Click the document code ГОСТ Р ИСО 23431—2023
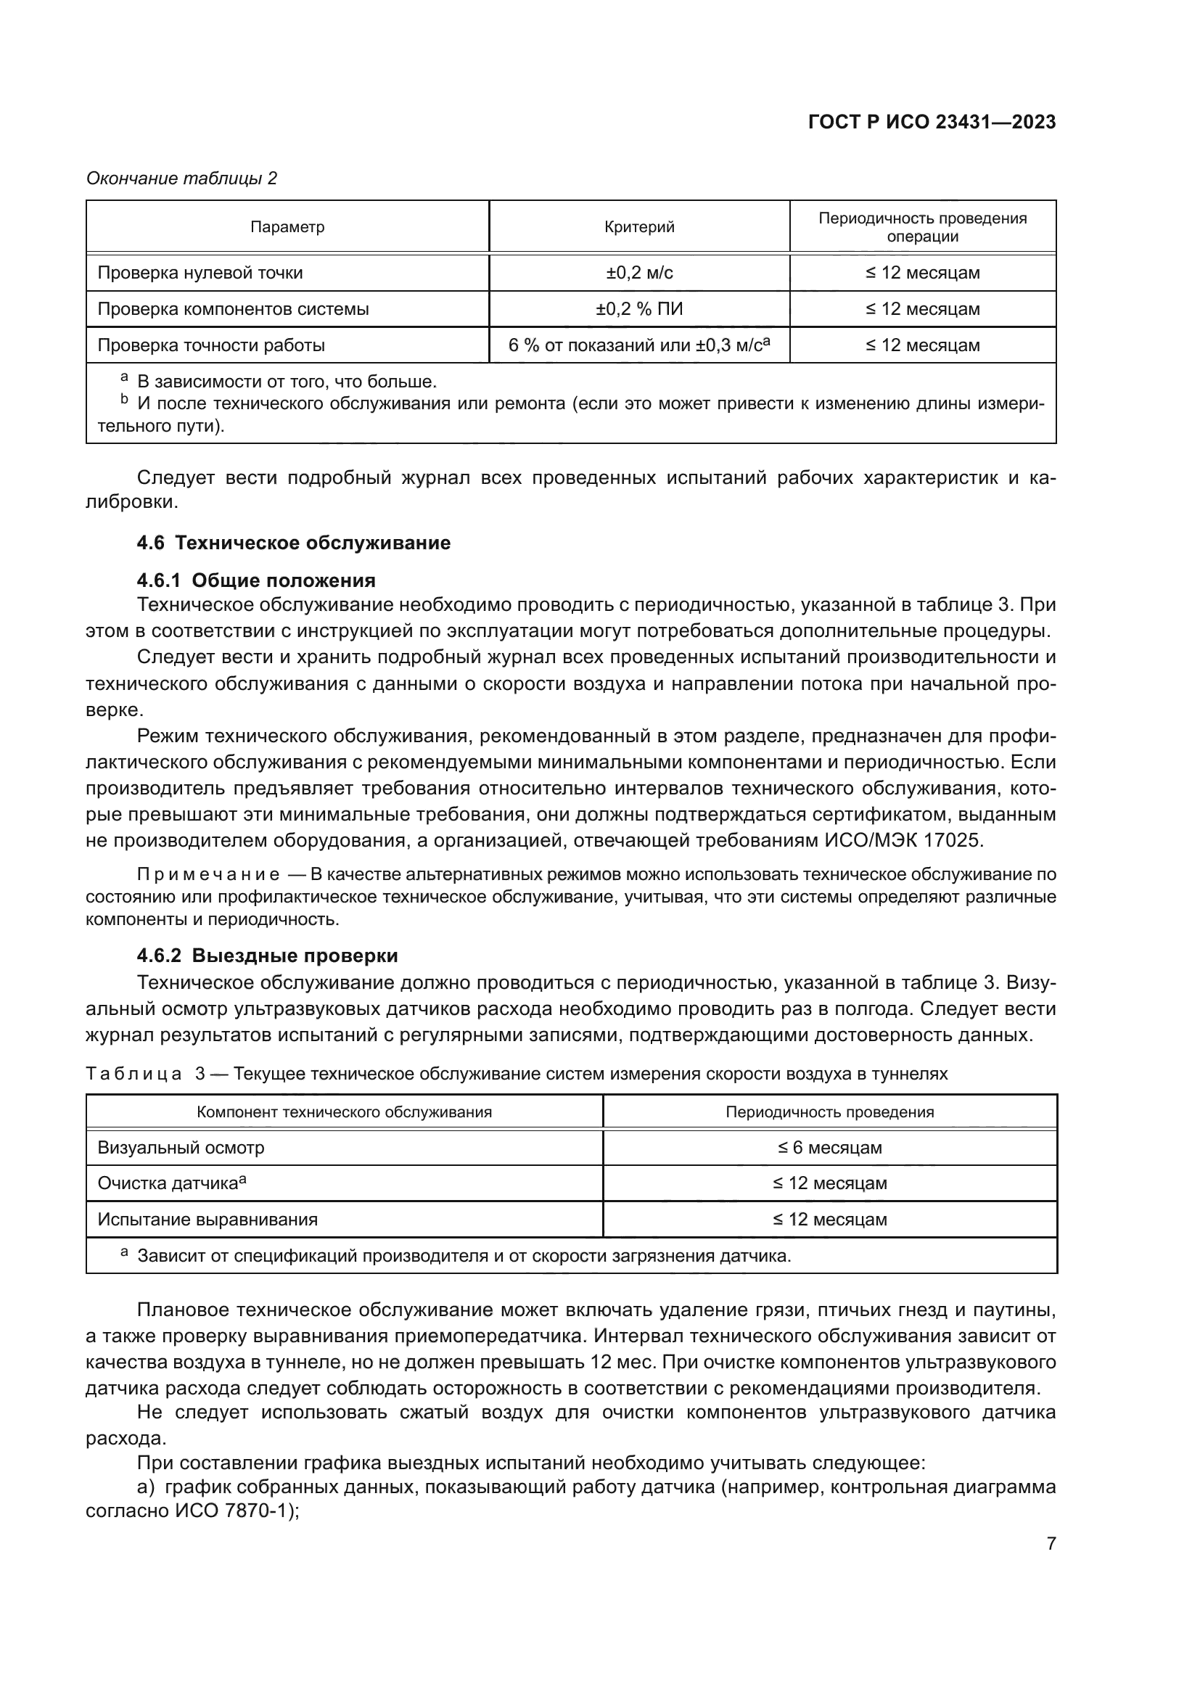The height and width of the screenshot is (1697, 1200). (932, 123)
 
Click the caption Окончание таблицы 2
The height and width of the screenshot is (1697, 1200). (182, 178)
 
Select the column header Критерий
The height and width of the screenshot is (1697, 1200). (639, 227)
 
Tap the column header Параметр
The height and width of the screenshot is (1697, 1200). (287, 227)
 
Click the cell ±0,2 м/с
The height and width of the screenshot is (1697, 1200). (639, 273)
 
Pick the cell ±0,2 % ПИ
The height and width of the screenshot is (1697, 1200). (639, 309)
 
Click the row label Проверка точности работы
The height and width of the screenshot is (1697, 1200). (211, 345)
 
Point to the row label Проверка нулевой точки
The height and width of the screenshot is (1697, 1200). (200, 273)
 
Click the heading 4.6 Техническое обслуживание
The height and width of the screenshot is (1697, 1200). (293, 543)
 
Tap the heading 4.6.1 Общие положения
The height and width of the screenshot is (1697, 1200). (255, 580)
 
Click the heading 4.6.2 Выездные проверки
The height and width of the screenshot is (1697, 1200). (267, 956)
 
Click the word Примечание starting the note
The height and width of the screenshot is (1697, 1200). (208, 874)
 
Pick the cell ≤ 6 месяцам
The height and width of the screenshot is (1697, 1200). (830, 1148)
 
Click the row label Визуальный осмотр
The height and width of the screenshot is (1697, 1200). (181, 1148)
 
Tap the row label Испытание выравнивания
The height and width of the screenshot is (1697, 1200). (207, 1220)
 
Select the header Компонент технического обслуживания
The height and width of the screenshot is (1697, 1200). (345, 1112)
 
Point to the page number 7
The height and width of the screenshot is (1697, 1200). (1051, 1544)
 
